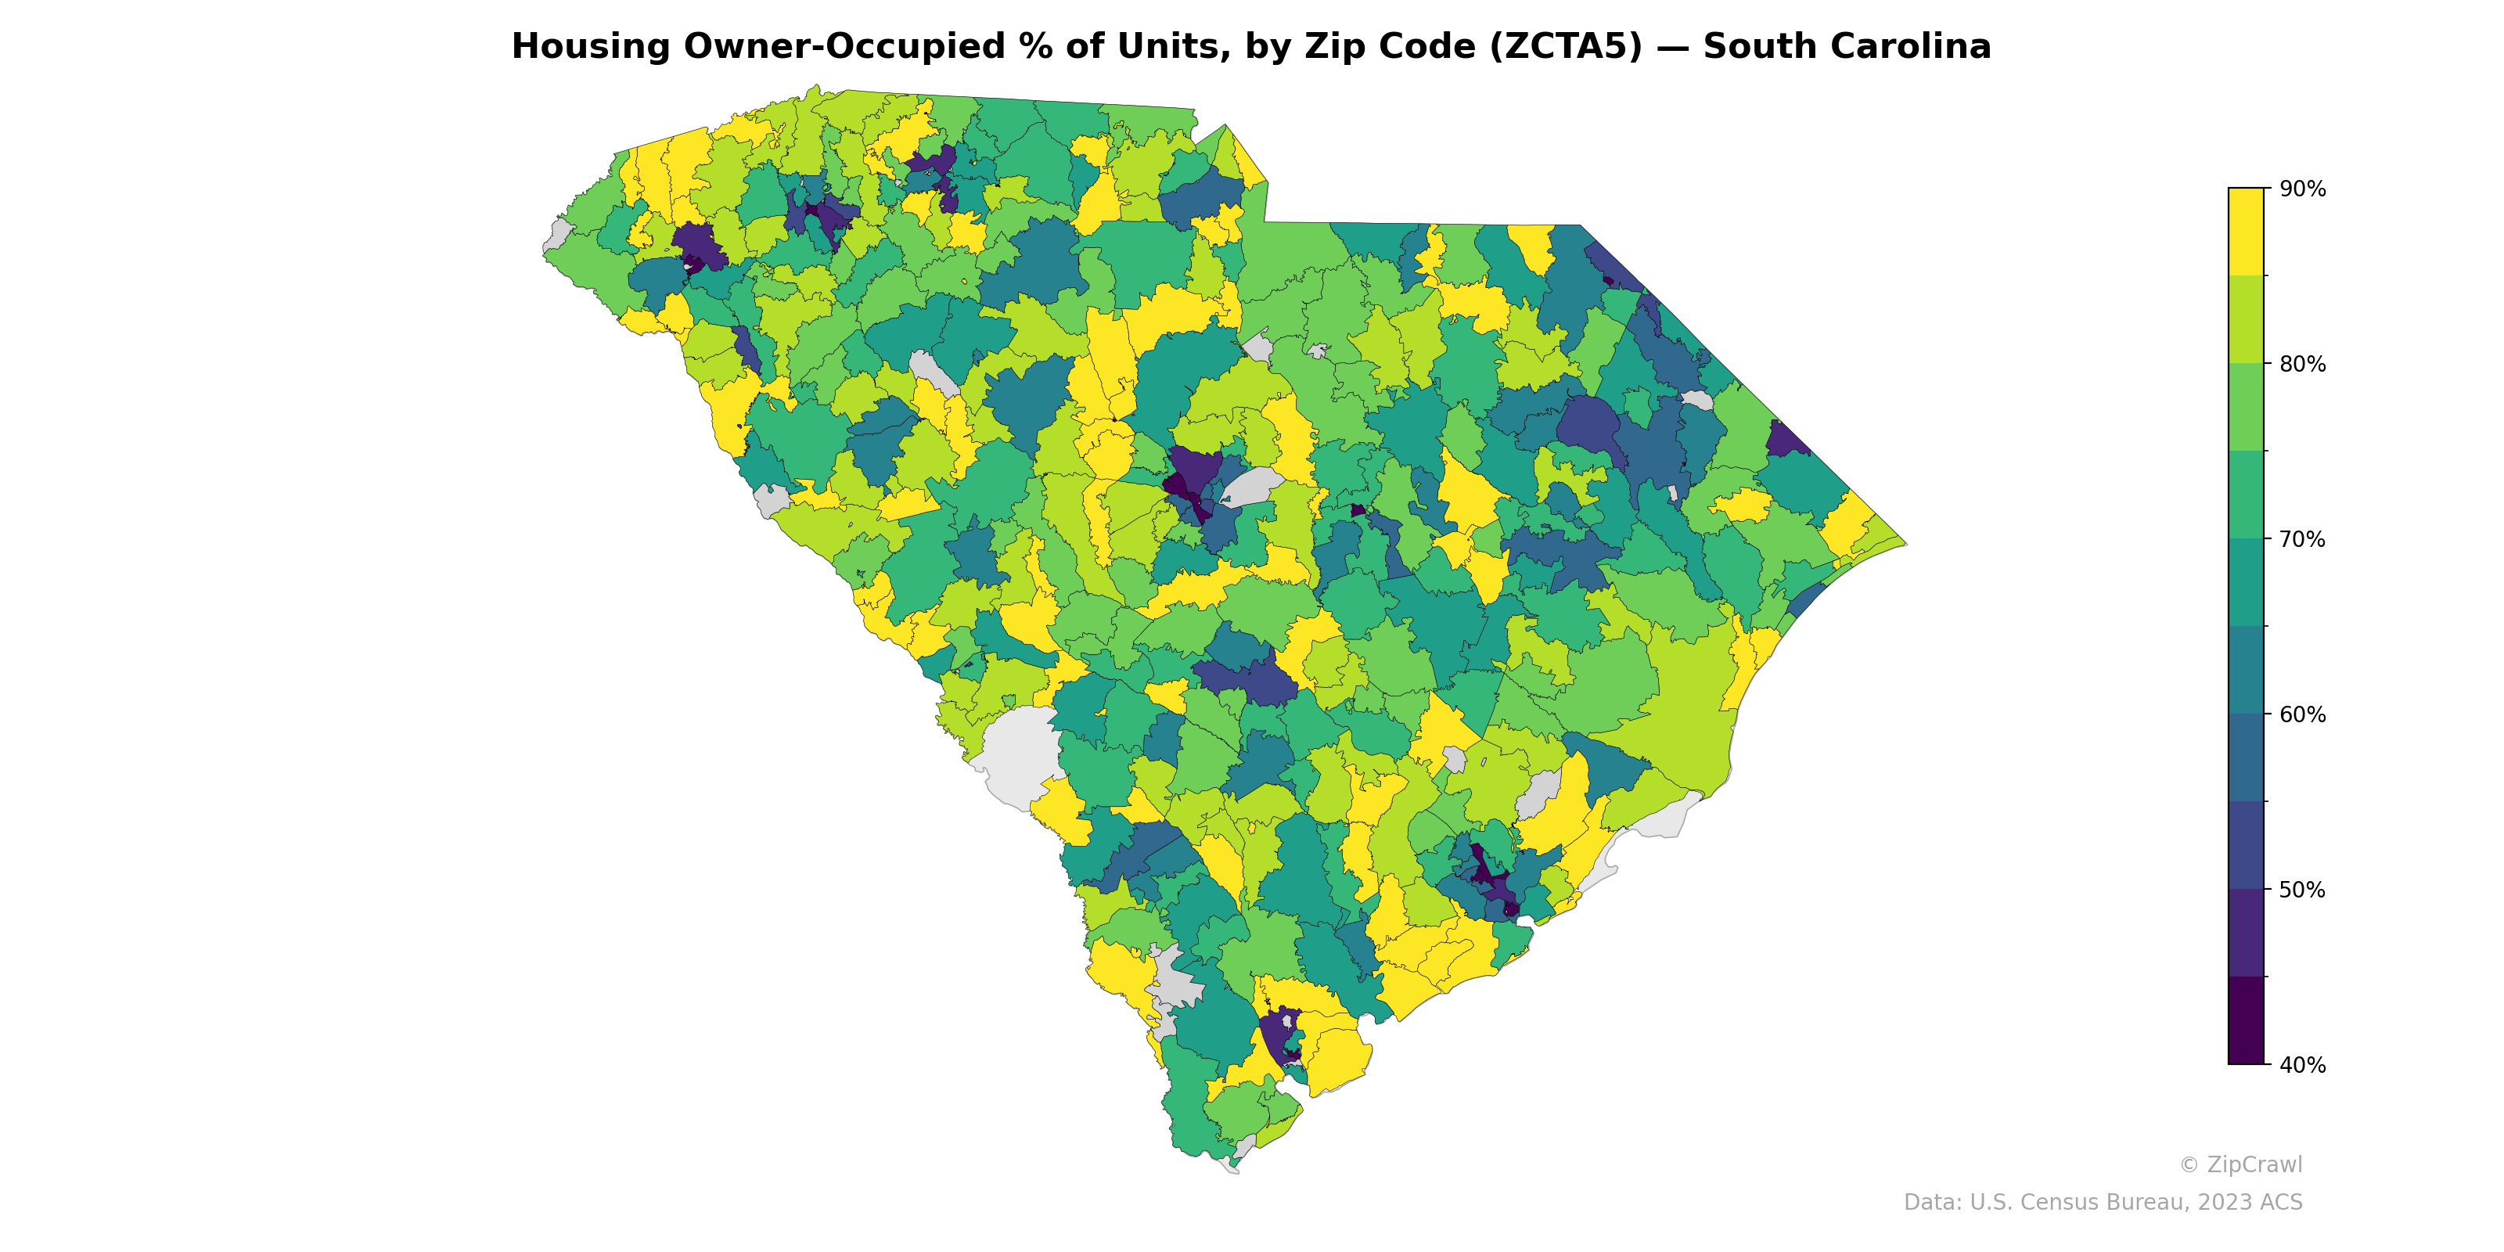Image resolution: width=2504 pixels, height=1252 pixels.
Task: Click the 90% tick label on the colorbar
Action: [x=2302, y=189]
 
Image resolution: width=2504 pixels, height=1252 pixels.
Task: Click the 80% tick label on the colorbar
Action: [x=2302, y=365]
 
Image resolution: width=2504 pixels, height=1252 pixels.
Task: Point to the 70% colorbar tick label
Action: [x=2302, y=539]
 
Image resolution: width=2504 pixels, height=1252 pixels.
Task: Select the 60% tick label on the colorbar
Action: [x=2302, y=714]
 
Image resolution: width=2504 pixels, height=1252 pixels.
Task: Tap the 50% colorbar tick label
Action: [x=2302, y=890]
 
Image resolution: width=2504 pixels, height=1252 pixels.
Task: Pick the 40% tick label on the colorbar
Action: [x=2302, y=1065]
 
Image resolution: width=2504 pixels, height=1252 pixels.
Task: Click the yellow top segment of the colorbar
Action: [x=2246, y=232]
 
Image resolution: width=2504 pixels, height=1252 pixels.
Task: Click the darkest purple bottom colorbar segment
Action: [x=2246, y=1020]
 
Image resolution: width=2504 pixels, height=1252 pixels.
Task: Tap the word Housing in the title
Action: [x=591, y=47]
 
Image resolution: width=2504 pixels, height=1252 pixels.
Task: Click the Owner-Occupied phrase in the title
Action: [x=855, y=47]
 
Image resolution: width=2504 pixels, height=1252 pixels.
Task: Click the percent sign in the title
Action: [x=1038, y=47]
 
